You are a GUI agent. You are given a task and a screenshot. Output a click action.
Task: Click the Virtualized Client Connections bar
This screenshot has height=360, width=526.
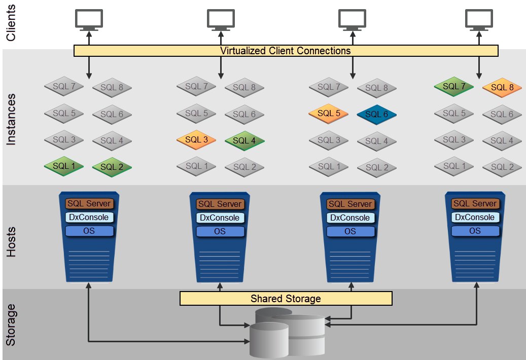pos(286,51)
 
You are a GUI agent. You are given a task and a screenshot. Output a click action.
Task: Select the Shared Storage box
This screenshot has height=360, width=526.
pos(286,298)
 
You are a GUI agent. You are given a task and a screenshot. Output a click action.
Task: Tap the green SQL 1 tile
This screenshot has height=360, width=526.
pos(64,165)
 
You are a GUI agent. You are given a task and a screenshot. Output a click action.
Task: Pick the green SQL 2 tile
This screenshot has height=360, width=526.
pos(112,166)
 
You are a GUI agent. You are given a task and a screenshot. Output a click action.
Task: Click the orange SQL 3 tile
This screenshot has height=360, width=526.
pos(196,139)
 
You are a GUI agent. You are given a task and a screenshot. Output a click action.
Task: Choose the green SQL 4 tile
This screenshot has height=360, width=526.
pos(244,140)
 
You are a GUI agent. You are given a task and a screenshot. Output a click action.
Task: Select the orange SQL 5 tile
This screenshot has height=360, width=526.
pos(328,114)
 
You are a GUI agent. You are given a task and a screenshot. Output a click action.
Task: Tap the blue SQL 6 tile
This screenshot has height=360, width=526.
pos(376,115)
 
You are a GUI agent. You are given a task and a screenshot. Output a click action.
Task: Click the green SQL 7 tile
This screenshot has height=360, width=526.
pos(453,86)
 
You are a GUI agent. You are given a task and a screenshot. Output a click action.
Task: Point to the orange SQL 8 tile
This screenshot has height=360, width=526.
pos(502,87)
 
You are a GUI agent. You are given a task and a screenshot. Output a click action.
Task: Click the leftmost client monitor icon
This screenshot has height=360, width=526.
pos(89,19)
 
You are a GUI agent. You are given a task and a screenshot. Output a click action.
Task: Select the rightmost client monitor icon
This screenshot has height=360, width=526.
pos(479,19)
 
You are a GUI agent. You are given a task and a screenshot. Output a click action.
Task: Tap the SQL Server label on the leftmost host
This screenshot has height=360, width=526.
pos(89,203)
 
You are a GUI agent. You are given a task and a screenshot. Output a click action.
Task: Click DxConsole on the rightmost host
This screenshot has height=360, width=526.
pos(475,217)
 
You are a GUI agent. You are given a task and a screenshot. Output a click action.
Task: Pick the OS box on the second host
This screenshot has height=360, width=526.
pos(220,231)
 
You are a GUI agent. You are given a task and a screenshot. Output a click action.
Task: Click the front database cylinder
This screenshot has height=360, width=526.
pos(268,340)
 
